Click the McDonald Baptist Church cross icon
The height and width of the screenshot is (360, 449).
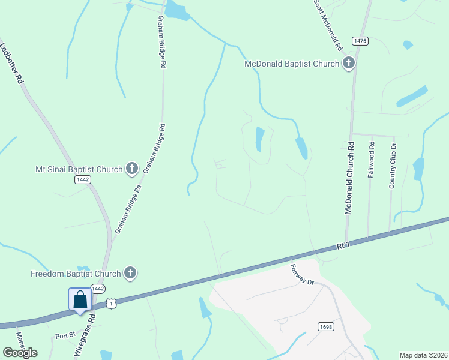(349, 64)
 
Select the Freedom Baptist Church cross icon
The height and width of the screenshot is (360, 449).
(129, 274)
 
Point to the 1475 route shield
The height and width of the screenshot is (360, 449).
(360, 41)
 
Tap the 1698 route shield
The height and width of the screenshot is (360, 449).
(325, 326)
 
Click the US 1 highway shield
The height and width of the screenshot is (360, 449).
(111, 304)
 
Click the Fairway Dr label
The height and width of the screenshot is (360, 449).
(302, 274)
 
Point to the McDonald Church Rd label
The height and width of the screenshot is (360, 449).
(348, 178)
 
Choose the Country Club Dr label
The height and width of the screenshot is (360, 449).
(393, 166)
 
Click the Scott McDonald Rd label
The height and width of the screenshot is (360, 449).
(328, 24)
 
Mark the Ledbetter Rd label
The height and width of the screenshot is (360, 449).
(12, 62)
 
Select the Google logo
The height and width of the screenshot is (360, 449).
(20, 353)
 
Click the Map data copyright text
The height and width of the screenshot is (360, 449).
(423, 355)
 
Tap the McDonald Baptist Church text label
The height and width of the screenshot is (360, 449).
(292, 64)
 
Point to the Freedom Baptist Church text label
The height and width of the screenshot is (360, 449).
(76, 274)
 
